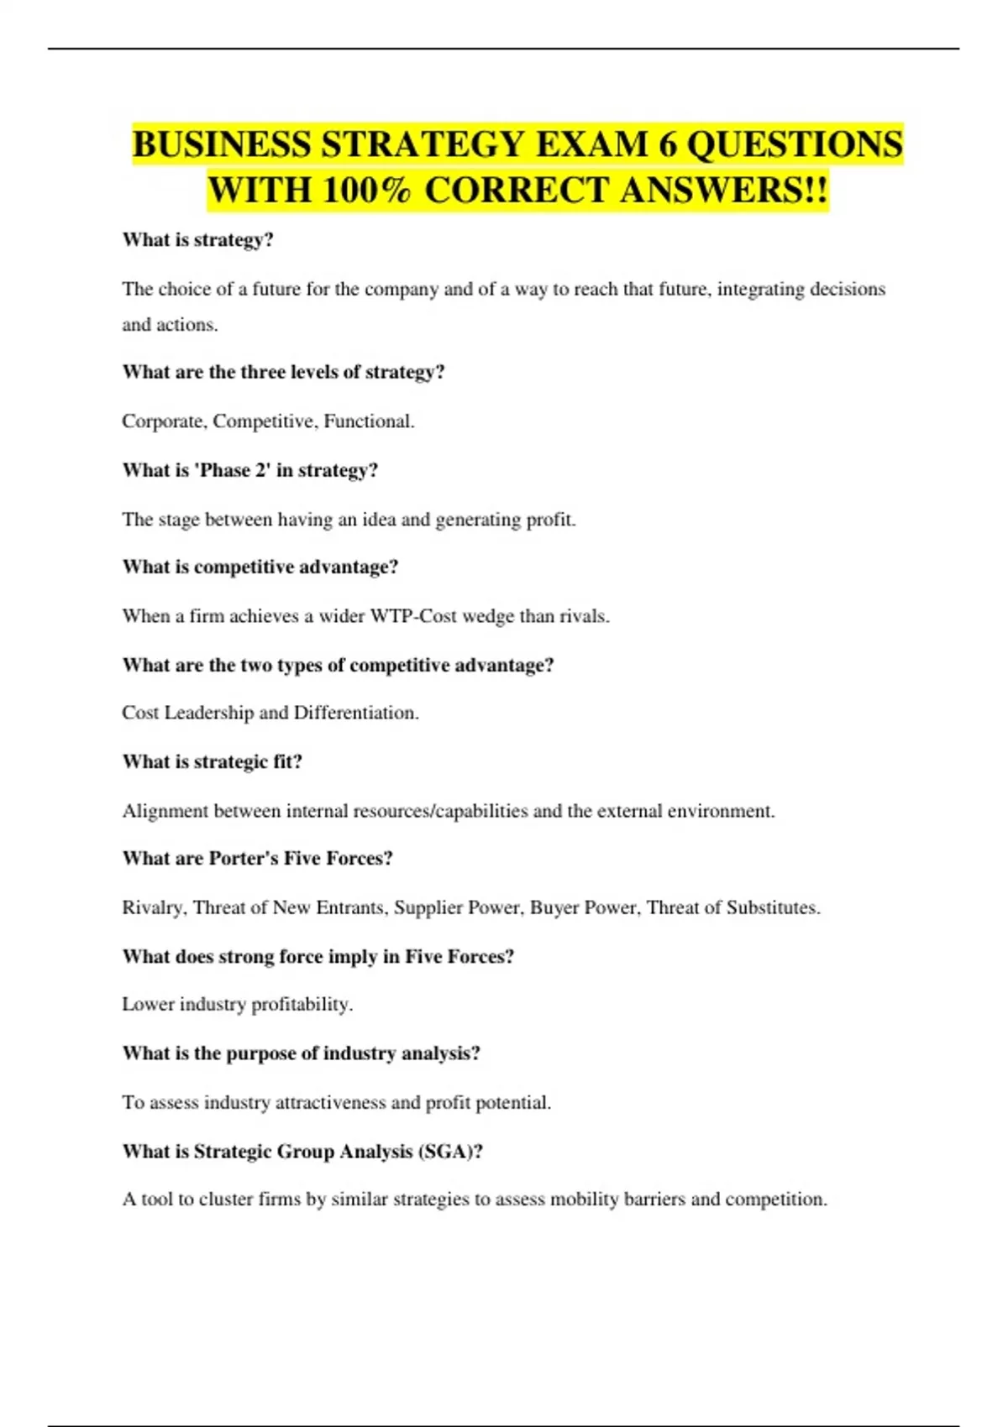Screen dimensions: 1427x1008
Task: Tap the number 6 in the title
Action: (668, 144)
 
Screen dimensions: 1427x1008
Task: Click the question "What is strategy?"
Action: (198, 240)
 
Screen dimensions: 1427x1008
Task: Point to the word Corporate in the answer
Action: (163, 421)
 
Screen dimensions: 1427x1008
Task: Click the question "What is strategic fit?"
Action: (213, 761)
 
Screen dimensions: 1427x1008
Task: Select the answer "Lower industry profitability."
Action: (238, 1004)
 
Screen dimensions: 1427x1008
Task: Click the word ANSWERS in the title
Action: (724, 190)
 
